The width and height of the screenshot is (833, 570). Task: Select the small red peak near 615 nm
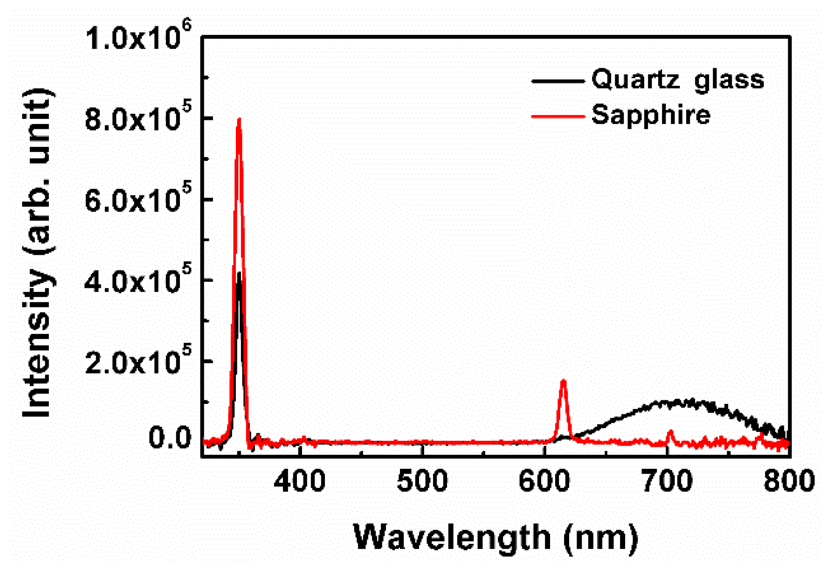pos(563,382)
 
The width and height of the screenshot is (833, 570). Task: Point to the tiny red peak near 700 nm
pos(671,432)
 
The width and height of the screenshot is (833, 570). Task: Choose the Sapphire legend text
pos(651,115)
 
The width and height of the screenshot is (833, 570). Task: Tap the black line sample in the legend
pos(558,81)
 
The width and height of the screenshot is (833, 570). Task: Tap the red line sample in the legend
pos(558,116)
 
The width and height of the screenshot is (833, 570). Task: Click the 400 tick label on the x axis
pos(299,480)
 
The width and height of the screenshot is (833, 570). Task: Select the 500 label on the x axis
pos(422,480)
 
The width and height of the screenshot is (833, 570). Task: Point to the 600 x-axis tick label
pos(544,480)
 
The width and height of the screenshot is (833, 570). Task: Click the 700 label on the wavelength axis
pos(667,480)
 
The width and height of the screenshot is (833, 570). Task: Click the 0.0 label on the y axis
pos(170,438)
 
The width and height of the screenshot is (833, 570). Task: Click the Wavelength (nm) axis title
pos(496,538)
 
